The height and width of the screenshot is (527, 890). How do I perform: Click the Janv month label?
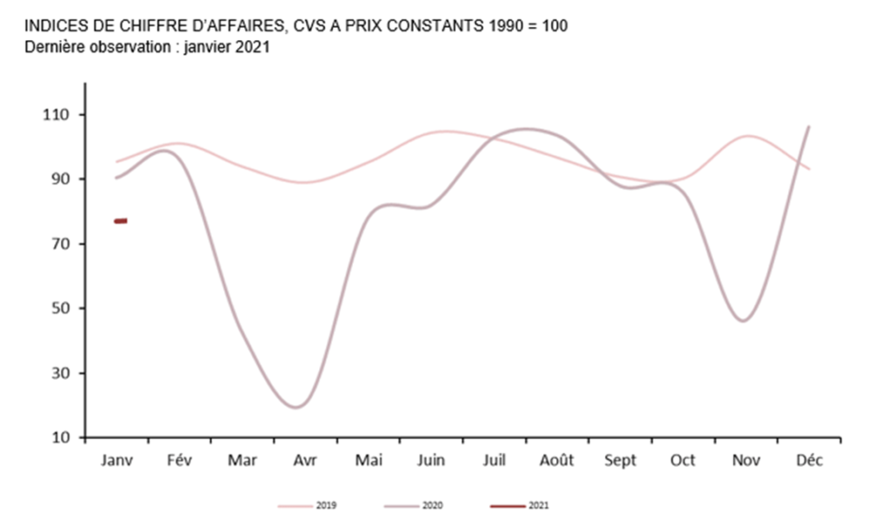click(117, 461)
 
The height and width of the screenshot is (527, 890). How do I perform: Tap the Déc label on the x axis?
click(809, 461)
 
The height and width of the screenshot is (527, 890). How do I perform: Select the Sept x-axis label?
click(619, 461)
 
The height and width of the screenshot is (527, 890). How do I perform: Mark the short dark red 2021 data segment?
click(121, 221)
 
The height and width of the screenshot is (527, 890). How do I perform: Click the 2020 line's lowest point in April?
click(296, 407)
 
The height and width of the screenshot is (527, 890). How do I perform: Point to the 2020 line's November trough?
click(744, 321)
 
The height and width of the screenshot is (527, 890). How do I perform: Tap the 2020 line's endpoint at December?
click(809, 127)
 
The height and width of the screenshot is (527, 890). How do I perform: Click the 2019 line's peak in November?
click(747, 137)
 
